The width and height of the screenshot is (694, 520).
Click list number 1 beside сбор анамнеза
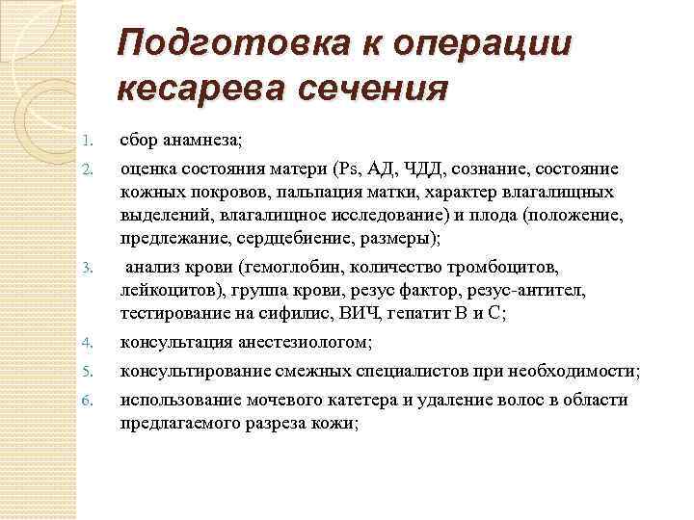click(x=87, y=141)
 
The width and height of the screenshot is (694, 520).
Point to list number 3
click(x=87, y=268)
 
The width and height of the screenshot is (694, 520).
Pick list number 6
click(x=87, y=401)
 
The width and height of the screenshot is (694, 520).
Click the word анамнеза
click(x=202, y=141)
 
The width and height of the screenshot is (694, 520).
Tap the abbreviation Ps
click(x=347, y=169)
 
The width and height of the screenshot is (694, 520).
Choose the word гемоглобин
click(x=293, y=268)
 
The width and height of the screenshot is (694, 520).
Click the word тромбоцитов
click(x=500, y=268)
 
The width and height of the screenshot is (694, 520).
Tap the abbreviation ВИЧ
click(x=359, y=313)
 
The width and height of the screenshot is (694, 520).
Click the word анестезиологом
click(x=305, y=343)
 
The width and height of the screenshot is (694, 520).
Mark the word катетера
click(x=363, y=401)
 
